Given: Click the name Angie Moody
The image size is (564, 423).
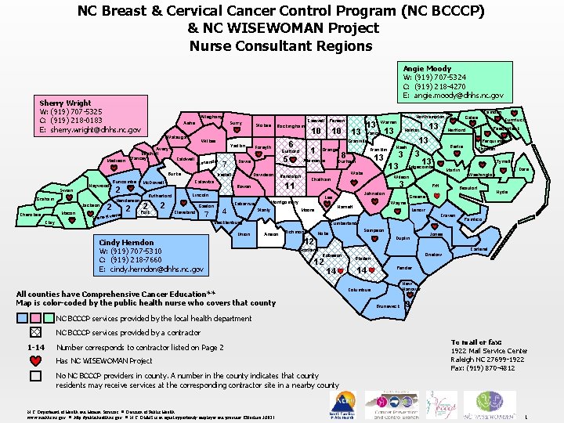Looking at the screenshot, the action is (x=428, y=69).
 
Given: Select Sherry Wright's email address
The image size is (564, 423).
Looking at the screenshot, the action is (x=89, y=130).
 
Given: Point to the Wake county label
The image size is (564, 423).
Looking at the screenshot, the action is (x=356, y=173).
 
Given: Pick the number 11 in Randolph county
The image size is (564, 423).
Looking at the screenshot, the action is (x=288, y=186).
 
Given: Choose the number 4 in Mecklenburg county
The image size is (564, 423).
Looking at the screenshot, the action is (x=224, y=211).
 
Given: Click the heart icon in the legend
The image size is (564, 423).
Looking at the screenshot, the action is (x=35, y=360).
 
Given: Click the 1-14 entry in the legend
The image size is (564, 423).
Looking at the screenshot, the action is (x=35, y=347).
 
